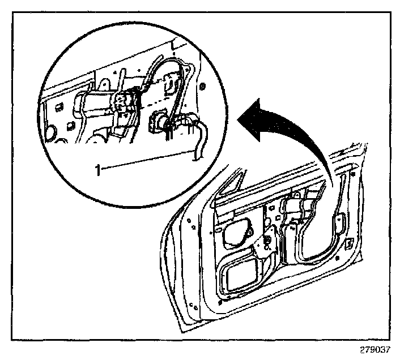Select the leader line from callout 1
147,161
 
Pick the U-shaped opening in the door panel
309,238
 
